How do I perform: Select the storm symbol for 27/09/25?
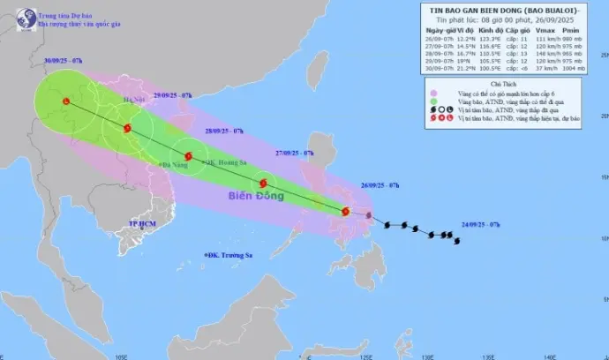click(x=262, y=184)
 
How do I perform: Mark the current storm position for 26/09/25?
click(x=345, y=211)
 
